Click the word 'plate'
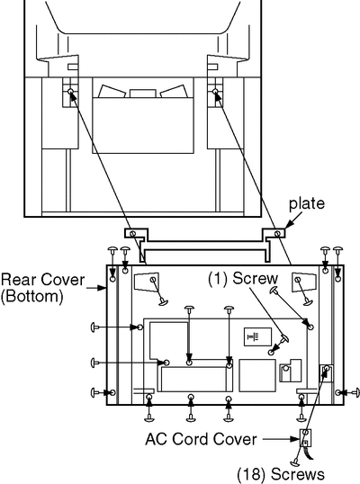coord(307,204)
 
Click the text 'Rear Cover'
coord(42,280)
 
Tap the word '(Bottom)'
coord(31,296)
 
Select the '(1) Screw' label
coord(243,278)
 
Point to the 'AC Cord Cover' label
coord(201,439)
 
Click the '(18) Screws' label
coord(281,474)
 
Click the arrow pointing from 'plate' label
coord(293,221)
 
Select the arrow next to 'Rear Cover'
coord(96,288)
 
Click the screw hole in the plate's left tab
coord(133,233)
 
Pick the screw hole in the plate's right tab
coord(277,233)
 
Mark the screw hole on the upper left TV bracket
coord(70,92)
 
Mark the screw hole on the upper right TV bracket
coord(215,91)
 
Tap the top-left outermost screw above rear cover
coord(112,251)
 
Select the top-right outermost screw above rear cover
coord(338,251)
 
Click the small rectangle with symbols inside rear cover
coord(257,337)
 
